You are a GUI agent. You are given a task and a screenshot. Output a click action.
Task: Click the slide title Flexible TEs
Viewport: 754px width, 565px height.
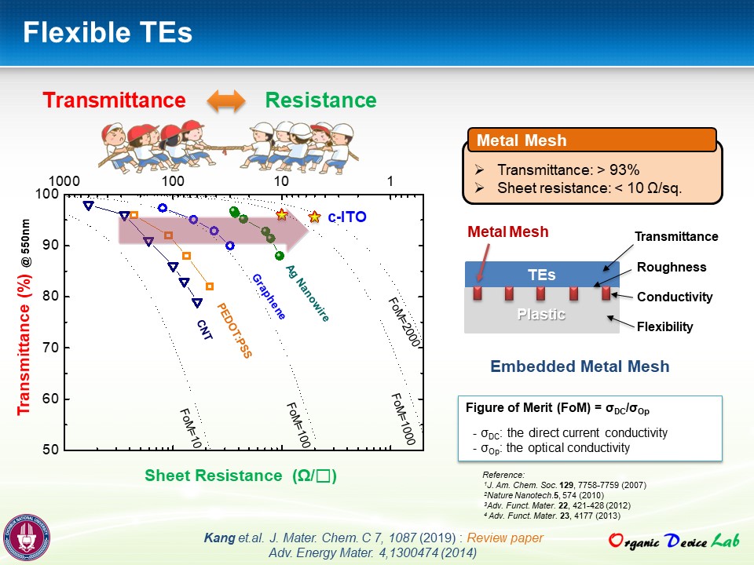[x=108, y=32]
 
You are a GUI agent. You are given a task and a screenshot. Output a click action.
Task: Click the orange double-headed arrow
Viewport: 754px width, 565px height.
[x=226, y=101]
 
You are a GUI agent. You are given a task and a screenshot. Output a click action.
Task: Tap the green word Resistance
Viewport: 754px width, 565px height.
[x=320, y=100]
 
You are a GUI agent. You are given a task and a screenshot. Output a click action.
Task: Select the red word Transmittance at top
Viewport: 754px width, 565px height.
[x=115, y=100]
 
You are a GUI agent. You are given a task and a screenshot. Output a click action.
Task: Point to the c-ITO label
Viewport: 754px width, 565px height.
[x=347, y=217]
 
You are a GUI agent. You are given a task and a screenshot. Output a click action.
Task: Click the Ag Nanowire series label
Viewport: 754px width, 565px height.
[x=307, y=293]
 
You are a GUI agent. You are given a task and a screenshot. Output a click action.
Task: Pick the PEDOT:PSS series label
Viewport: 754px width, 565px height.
[x=234, y=330]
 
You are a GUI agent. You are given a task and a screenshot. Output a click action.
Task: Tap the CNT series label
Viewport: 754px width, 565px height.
[x=205, y=330]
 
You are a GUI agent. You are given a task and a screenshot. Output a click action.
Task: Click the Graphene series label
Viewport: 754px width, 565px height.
[x=269, y=297]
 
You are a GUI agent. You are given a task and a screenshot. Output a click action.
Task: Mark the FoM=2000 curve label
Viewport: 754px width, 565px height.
[x=404, y=322]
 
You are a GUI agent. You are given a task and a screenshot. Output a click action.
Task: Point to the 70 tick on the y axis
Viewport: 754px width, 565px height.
[x=50, y=347]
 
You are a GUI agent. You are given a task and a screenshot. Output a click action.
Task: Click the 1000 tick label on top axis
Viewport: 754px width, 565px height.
[x=64, y=181]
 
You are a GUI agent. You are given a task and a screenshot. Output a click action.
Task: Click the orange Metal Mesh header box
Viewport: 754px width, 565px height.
[x=592, y=140]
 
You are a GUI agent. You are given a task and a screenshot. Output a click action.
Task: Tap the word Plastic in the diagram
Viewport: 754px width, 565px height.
[x=541, y=314]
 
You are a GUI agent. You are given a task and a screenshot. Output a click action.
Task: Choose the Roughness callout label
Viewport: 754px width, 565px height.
[x=672, y=267]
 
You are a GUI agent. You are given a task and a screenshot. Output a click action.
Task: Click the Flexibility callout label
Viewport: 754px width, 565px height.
[x=665, y=326]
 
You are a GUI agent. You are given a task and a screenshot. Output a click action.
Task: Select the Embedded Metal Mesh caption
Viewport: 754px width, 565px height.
[x=580, y=366]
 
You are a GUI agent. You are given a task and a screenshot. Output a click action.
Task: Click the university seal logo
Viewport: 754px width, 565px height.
[x=26, y=537]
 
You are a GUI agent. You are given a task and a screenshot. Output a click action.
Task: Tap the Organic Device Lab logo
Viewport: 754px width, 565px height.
[x=674, y=541]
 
